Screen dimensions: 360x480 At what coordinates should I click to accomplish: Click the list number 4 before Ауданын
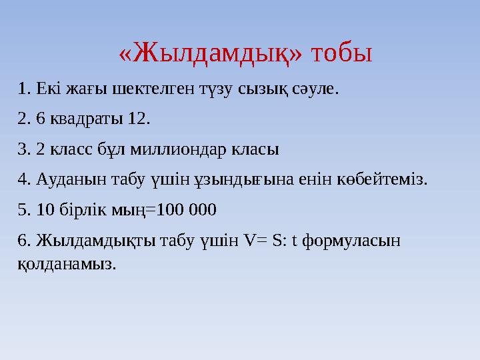pyautogui.click(x=23, y=179)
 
